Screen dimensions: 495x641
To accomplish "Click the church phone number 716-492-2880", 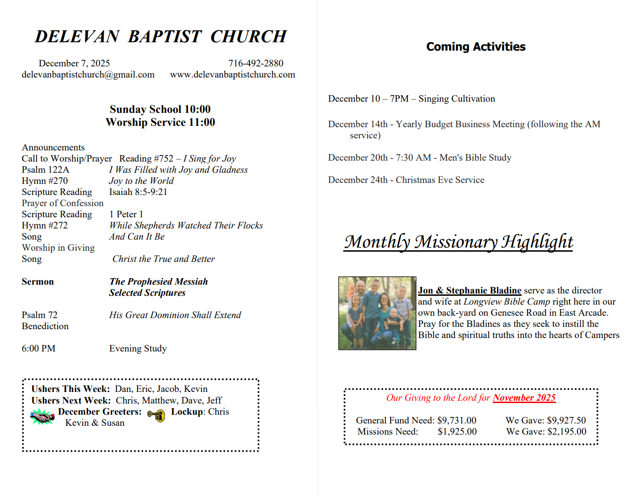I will click(x=255, y=63).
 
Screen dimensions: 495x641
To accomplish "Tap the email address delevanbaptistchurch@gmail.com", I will click(x=88, y=74).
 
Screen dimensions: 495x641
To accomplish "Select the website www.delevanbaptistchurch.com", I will click(x=232, y=74).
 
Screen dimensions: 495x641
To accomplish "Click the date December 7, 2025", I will click(x=74, y=63).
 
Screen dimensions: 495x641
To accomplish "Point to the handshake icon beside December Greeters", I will click(x=42, y=417).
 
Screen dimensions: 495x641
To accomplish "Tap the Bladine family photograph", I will click(x=377, y=313).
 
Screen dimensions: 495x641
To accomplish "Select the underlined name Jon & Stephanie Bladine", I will click(x=469, y=291).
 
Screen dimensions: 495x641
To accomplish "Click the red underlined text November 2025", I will click(x=524, y=398).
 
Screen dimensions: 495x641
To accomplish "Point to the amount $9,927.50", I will click(x=566, y=420).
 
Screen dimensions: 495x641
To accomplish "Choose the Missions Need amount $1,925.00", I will click(x=457, y=431).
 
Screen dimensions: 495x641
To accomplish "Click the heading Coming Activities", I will click(x=476, y=47).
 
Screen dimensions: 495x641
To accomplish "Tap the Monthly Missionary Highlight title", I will click(x=458, y=241).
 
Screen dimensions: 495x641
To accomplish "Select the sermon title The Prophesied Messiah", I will click(x=158, y=282).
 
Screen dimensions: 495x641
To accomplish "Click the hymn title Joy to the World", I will click(x=141, y=181).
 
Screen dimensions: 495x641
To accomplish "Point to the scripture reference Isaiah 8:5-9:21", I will click(x=138, y=192).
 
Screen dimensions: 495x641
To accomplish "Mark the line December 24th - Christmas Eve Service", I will click(x=406, y=180).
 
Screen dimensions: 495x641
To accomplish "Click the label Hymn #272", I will click(x=45, y=225).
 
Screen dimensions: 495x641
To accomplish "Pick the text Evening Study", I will click(x=137, y=348).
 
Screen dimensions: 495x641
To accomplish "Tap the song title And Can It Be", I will click(x=137, y=236).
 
